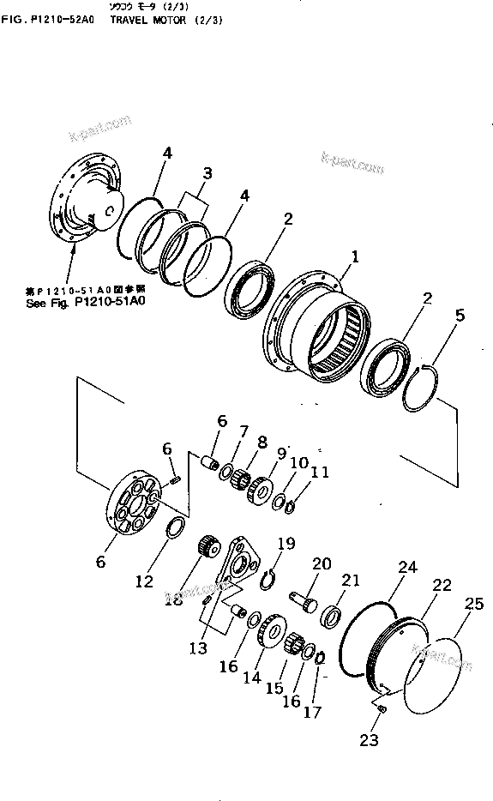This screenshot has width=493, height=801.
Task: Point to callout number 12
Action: click(x=144, y=581)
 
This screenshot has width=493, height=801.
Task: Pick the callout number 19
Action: click(x=286, y=543)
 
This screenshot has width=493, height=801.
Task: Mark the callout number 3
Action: click(x=206, y=173)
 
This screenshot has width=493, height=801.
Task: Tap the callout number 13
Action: click(x=199, y=648)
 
